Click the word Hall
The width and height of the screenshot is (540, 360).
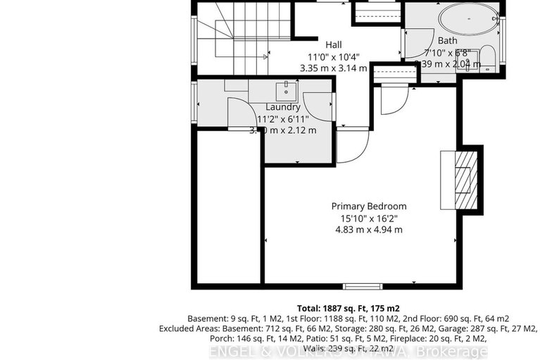click(x=333, y=43)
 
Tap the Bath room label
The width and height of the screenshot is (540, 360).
click(x=447, y=41)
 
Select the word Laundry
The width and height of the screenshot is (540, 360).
click(x=283, y=107)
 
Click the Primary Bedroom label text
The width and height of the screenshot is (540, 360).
click(x=369, y=206)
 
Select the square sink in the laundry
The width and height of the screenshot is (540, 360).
click(x=286, y=89)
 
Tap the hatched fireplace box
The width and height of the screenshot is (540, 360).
click(x=463, y=179)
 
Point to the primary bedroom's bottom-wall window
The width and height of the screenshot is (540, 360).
click(x=363, y=286)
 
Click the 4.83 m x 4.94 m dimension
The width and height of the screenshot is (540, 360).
click(x=369, y=230)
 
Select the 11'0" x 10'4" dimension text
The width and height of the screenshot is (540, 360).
click(x=333, y=56)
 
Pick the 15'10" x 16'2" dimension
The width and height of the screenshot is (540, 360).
click(x=369, y=218)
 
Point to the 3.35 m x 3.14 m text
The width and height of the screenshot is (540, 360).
click(x=333, y=68)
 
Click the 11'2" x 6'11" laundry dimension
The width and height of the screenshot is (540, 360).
click(x=283, y=118)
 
